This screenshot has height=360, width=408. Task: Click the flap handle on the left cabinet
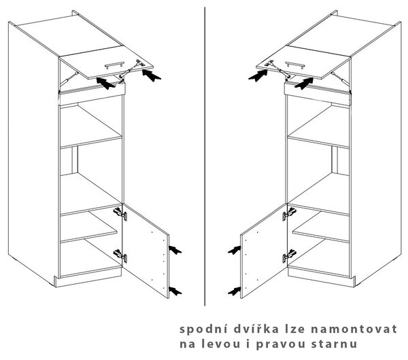114,65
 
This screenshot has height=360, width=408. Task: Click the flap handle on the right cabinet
295,65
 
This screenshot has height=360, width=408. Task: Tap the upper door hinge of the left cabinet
120,214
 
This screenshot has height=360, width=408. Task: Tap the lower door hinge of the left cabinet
120,256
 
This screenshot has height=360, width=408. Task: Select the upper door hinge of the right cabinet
289,214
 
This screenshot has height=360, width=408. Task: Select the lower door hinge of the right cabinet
289,256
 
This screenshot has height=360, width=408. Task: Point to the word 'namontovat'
354,329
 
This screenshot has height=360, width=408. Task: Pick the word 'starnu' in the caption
334,344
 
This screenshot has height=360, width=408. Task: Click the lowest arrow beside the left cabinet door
175,291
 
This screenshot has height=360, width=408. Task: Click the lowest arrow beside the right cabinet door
234,291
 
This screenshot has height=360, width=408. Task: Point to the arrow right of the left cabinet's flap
152,75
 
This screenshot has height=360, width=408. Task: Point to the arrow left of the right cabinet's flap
258,75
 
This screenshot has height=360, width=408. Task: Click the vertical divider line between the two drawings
205,156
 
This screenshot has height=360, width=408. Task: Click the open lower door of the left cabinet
146,251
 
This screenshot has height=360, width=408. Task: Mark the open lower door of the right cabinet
264,251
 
